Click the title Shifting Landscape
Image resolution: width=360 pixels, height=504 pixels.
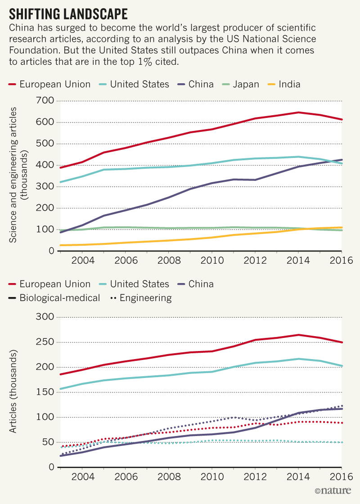68,13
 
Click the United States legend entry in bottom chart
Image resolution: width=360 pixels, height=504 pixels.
134,284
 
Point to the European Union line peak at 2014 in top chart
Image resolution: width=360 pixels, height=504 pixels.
298,112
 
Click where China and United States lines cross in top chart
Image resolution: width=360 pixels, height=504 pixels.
334,161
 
